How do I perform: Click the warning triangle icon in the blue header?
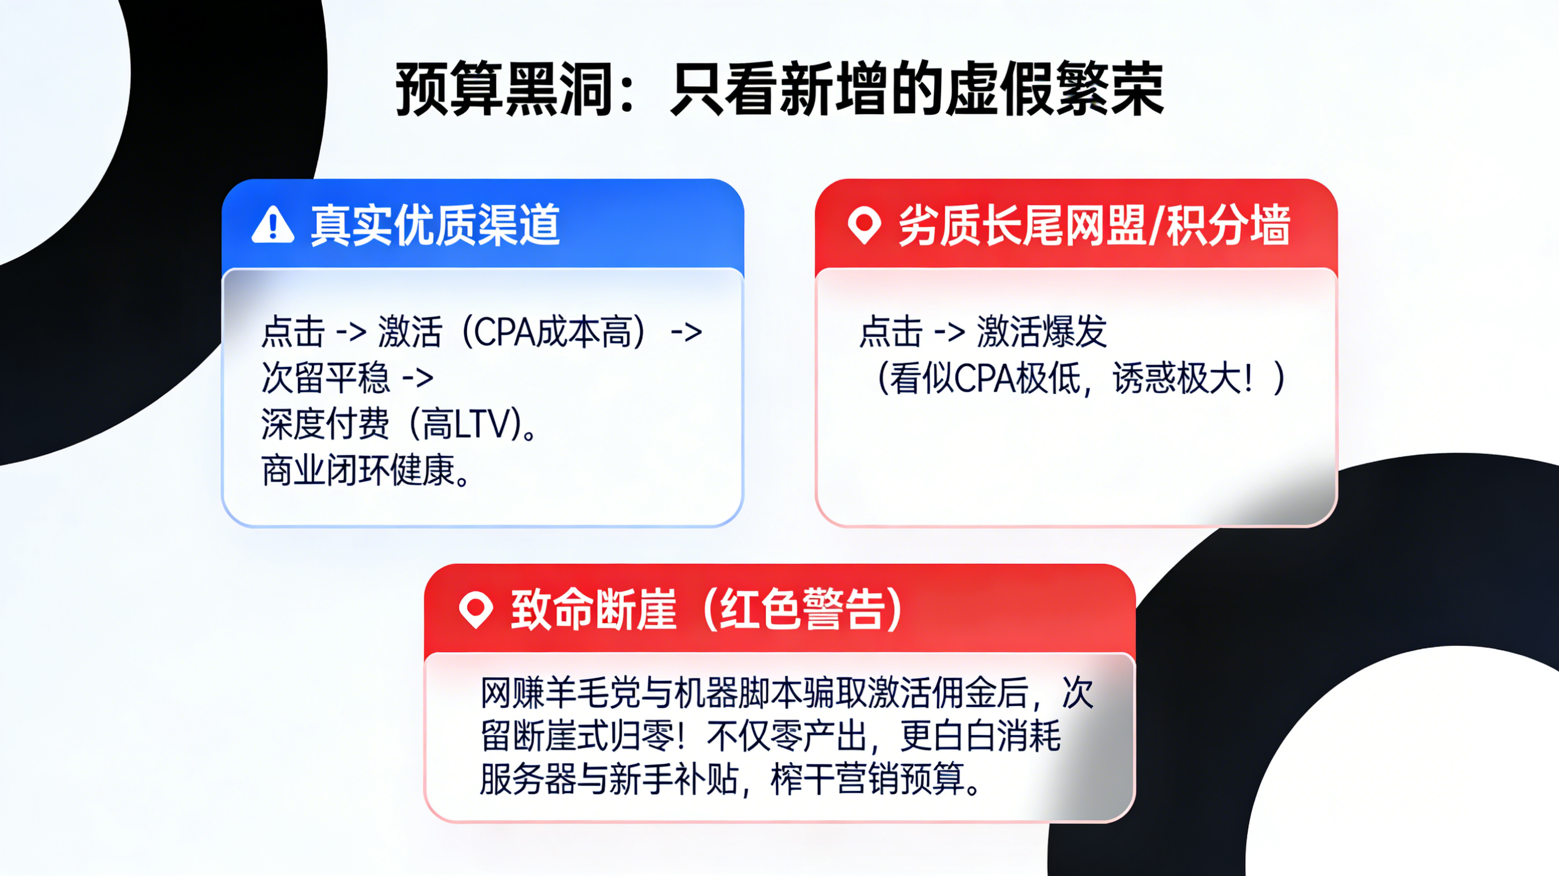tap(273, 225)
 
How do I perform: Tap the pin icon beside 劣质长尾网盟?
tap(864, 224)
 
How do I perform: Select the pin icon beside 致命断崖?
tap(476, 609)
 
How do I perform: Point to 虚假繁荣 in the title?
tap(1054, 89)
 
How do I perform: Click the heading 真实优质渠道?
tap(435, 225)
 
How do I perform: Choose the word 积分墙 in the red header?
tap(1228, 225)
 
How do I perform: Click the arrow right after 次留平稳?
tap(417, 378)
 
